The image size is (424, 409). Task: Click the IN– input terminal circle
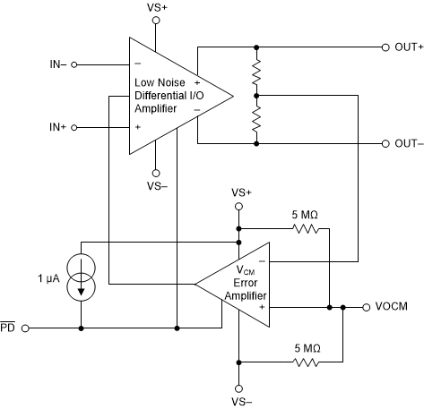tap(74, 64)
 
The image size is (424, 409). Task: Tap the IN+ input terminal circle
tap(74, 128)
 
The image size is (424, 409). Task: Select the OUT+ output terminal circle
tap(385, 47)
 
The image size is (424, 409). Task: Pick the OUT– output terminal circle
tap(385, 144)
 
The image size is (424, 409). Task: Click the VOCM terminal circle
tap(367, 307)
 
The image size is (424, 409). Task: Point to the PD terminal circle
tap(26, 328)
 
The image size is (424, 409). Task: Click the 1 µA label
tap(48, 278)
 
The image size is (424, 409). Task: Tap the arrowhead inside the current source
tap(81, 291)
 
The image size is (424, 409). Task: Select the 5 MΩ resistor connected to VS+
tap(306, 229)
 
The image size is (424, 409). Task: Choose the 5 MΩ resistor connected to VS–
tap(306, 362)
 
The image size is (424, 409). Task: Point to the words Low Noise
tap(160, 82)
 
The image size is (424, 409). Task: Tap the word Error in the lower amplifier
tap(246, 283)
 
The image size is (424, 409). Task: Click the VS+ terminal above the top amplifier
tap(156, 21)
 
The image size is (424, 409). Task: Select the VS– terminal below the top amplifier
tap(156, 173)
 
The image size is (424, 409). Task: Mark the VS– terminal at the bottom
tap(238, 388)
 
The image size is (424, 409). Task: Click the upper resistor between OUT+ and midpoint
tap(256, 72)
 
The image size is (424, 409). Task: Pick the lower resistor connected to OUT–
tap(256, 120)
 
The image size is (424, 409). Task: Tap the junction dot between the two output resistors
tap(256, 96)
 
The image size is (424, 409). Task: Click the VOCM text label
tap(392, 307)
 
